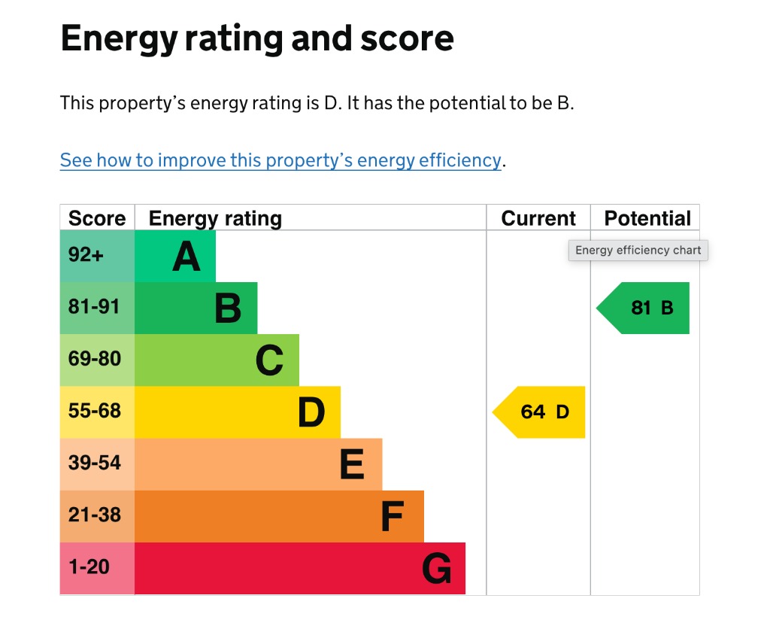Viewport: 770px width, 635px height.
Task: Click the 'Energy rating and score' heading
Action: point(257,38)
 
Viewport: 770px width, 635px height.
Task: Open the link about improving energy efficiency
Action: point(280,160)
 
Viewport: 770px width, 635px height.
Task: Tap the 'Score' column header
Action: point(97,218)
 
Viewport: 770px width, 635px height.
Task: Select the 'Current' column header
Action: point(538,218)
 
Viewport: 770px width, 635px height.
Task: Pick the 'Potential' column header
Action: point(647,218)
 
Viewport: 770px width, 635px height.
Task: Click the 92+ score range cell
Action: point(97,256)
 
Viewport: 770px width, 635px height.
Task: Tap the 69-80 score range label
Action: point(94,359)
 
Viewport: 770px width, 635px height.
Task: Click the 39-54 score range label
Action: point(94,463)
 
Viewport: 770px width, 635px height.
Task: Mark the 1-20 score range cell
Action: point(97,569)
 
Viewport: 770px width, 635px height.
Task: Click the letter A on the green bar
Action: point(186,257)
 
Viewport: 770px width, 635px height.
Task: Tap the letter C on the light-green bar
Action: point(270,360)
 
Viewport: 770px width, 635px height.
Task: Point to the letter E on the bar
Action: point(352,464)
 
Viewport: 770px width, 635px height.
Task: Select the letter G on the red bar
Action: point(437,568)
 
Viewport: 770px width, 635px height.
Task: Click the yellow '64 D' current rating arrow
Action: point(538,412)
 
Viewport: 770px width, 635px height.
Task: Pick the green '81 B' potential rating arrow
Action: point(643,308)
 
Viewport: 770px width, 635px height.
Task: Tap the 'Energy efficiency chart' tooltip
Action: point(638,251)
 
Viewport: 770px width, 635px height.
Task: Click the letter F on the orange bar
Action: point(393,516)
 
